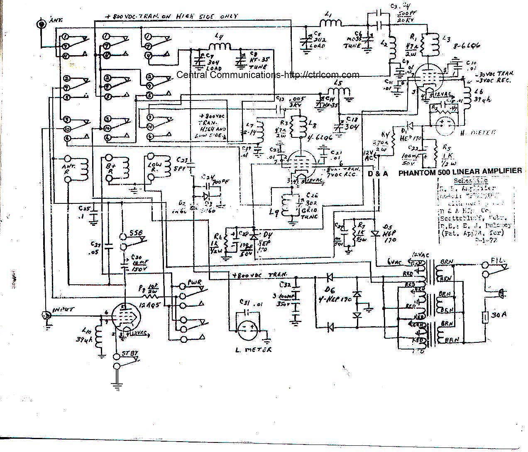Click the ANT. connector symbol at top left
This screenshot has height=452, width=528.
(x=42, y=24)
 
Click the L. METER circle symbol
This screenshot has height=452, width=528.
(x=248, y=332)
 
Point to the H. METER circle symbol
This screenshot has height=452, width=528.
(x=444, y=123)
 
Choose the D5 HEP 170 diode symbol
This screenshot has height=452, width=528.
(x=376, y=234)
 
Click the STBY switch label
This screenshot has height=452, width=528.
(x=130, y=354)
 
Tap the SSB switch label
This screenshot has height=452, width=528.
(x=137, y=234)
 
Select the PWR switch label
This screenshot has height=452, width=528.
(x=194, y=283)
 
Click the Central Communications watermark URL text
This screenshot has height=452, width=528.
(x=268, y=75)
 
